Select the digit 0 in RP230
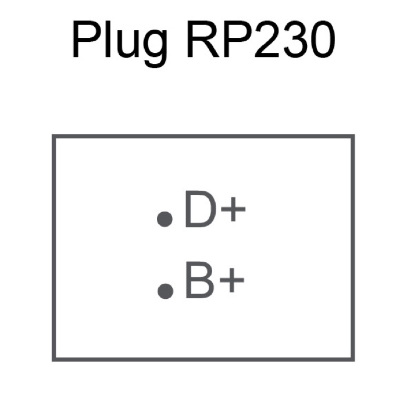pyautogui.click(x=320, y=40)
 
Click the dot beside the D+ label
pyautogui.click(x=165, y=219)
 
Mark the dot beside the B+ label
pyautogui.click(x=165, y=291)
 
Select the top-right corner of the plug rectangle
pyautogui.click(x=353, y=137)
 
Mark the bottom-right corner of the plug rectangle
pyautogui.click(x=353, y=359)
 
